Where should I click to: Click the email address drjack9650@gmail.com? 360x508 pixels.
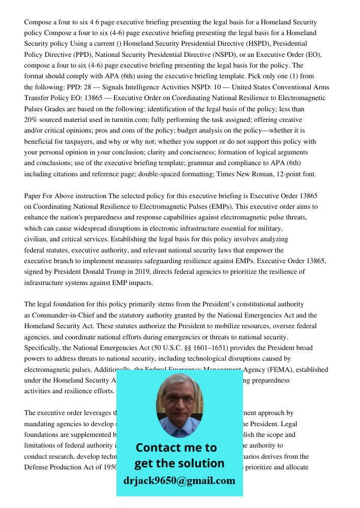tap(179, 481)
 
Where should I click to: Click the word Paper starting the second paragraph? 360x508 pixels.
tap(34, 196)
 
